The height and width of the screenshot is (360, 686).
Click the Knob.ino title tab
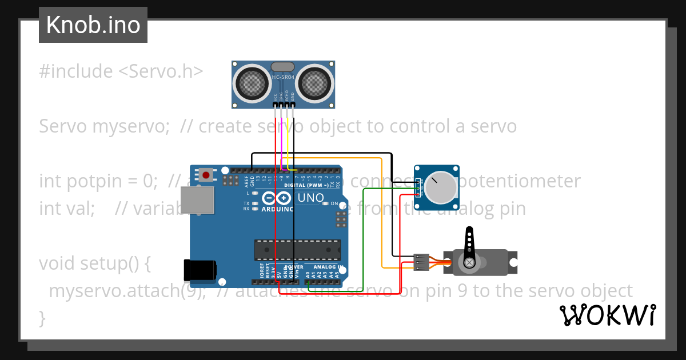tap(93, 25)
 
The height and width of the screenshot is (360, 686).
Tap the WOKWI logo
tap(608, 315)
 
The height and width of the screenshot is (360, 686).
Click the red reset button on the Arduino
tap(206, 174)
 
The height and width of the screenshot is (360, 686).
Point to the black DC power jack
tap(200, 270)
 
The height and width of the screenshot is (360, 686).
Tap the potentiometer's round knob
tap(442, 187)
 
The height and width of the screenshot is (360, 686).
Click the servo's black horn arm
tap(469, 245)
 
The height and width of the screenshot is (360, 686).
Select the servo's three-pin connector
tap(421, 262)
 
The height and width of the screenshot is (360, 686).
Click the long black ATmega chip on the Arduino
tap(297, 250)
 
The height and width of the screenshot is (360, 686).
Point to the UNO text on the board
tap(311, 198)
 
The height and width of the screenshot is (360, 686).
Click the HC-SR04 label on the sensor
tap(283, 77)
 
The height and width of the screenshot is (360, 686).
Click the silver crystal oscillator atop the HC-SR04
tap(283, 67)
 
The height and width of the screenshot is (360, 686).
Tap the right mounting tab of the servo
tap(513, 262)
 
